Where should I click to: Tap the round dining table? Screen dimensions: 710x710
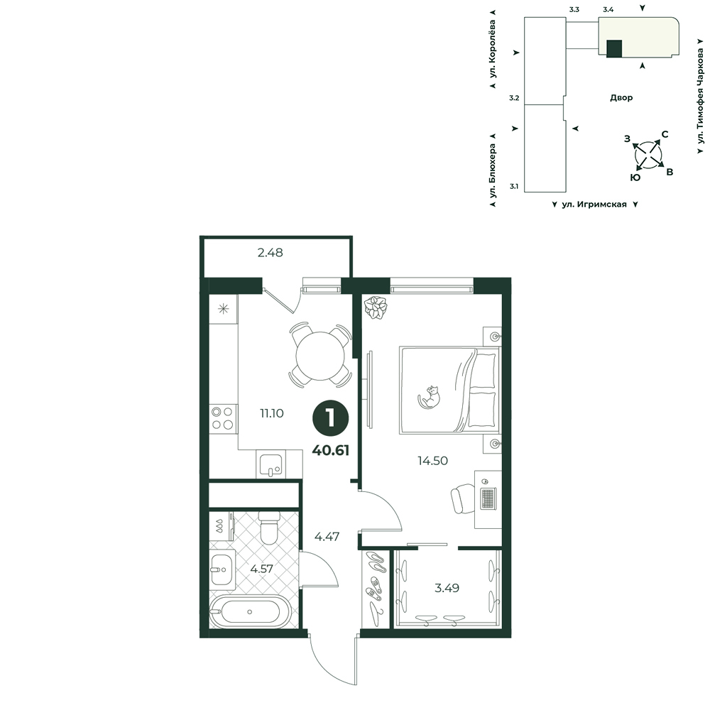coord(320,356)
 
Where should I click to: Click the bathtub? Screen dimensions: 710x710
coord(249,612)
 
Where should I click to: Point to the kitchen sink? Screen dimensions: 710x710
coord(271,464)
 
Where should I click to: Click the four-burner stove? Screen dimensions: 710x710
coord(223,418)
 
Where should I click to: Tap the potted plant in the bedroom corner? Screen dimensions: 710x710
coord(376,307)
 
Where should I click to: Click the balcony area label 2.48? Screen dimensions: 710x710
coord(271,253)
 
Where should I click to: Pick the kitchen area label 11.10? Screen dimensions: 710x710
coord(272,413)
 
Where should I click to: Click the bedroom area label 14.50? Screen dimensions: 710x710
coord(432,461)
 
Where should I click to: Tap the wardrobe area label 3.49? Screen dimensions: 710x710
coord(447,588)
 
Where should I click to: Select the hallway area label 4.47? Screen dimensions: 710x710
coord(327,537)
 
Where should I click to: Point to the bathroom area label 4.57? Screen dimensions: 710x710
coord(262,568)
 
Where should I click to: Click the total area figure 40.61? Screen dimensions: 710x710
coord(331,450)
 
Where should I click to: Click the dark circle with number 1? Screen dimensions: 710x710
coord(331,418)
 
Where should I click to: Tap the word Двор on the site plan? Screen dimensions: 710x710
coord(621,97)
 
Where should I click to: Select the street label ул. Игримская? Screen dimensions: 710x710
coord(594,204)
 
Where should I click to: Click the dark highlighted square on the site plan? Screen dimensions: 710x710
coord(614,48)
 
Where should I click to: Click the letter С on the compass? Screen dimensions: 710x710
coord(665,134)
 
